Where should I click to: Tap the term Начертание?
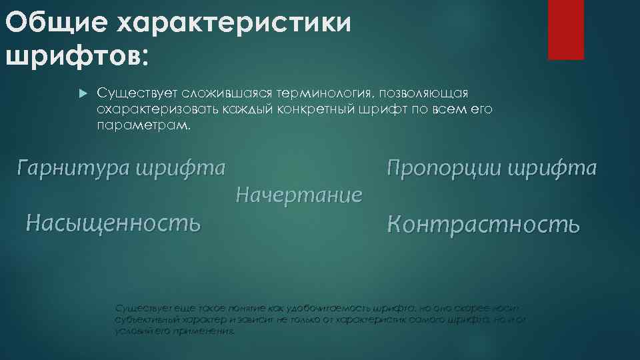(x=299, y=195)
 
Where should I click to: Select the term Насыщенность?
(x=113, y=222)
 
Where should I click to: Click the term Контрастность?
(x=483, y=225)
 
